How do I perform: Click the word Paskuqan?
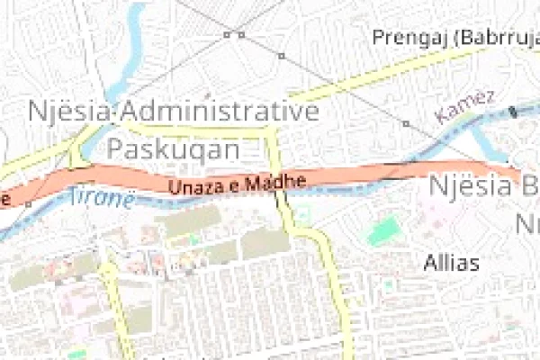(x=175, y=148)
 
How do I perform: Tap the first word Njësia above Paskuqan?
(x=71, y=112)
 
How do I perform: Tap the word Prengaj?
(x=410, y=38)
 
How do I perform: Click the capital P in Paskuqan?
(x=117, y=148)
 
